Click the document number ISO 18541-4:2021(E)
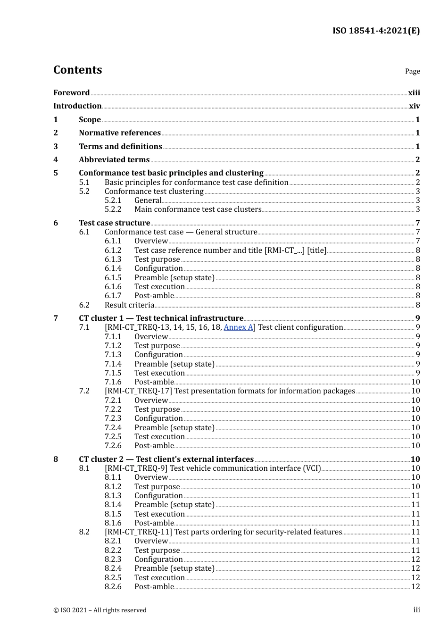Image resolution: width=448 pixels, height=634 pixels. [x=376, y=31]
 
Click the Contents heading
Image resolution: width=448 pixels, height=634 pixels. [x=77, y=70]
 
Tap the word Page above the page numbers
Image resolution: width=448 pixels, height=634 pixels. [x=412, y=71]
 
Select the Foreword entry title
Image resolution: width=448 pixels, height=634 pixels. [x=71, y=92]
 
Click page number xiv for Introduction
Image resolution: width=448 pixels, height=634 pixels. [x=414, y=106]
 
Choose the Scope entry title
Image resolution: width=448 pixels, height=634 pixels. [x=90, y=119]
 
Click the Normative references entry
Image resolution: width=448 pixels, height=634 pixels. [x=120, y=133]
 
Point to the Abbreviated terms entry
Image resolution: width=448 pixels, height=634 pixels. [x=114, y=159]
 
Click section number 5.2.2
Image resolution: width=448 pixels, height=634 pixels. [x=113, y=209]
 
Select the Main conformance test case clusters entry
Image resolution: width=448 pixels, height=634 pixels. [x=198, y=209]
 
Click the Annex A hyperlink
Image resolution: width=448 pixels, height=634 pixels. [x=238, y=327]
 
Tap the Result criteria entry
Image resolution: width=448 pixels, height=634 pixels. [x=129, y=305]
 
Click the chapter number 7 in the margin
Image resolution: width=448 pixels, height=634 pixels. [x=56, y=318]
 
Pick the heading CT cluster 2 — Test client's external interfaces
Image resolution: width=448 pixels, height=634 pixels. [x=166, y=459]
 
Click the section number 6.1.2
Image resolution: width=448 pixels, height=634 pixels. [x=113, y=250]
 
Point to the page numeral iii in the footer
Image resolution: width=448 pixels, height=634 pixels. [x=416, y=610]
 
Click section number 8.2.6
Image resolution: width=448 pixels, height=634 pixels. [x=113, y=586]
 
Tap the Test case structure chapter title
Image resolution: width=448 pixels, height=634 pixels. [x=114, y=223]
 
